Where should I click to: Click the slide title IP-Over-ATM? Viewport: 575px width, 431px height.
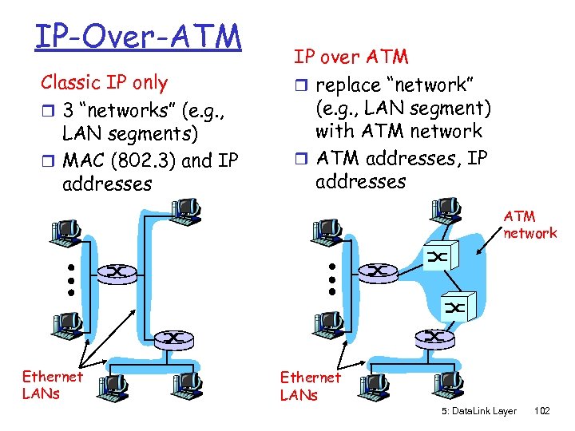pos(137,36)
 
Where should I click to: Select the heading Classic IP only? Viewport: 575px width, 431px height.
pos(105,82)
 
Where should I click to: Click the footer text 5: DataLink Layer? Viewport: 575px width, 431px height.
pos(478,411)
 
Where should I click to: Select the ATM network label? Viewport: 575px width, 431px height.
pos(529,224)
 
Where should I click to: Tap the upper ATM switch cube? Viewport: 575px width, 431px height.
pos(438,256)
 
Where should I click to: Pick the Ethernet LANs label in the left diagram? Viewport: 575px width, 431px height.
pos(52,385)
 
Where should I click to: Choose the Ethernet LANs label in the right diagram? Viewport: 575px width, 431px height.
pos(310,386)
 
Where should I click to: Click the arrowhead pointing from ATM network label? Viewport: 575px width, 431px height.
pos(478,254)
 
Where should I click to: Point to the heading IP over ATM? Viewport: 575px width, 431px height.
pos(351,57)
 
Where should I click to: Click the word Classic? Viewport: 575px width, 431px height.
pos(70,82)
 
